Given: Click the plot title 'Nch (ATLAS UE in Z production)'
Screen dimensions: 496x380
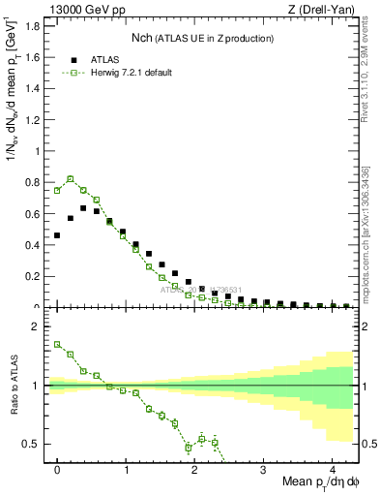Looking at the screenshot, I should [202, 38].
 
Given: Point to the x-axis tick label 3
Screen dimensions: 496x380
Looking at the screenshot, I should [264, 468].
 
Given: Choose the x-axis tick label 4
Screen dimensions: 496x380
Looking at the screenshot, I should [332, 468].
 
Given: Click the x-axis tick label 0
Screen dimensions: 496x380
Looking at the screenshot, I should [58, 468].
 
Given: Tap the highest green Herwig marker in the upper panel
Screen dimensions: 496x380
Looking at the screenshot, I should [71, 178].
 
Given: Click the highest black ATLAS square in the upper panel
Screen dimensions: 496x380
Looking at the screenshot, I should [84, 208].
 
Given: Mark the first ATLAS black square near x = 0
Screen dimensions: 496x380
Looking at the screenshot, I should [57, 235].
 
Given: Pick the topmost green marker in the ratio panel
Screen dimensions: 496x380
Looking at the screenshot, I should [57, 344].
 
